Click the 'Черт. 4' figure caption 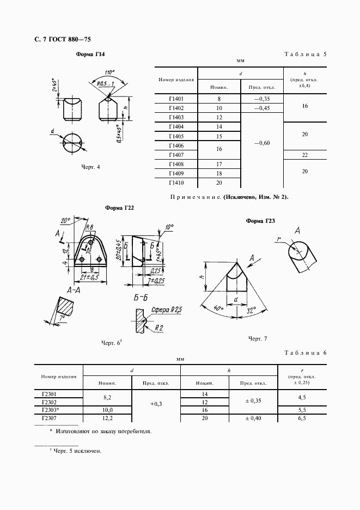90,167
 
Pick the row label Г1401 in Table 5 176,99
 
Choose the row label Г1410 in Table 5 176,183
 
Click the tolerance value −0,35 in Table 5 262,99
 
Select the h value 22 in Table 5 304,155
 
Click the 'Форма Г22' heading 119,208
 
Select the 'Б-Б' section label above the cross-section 141,298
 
